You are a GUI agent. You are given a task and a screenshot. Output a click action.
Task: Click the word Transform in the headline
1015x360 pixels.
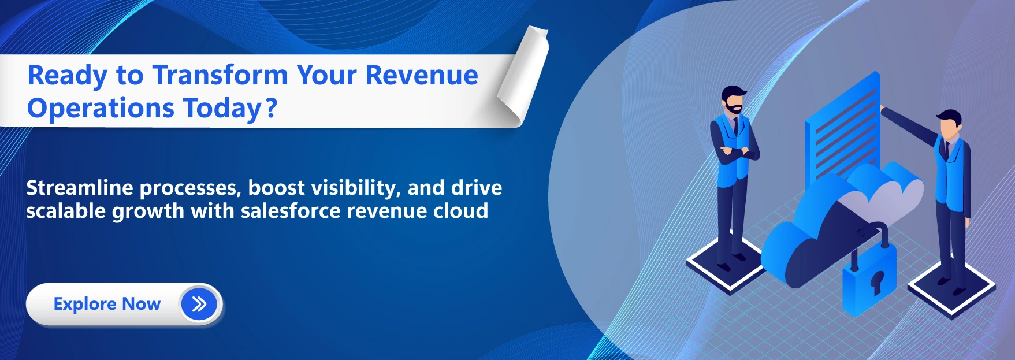point(220,76)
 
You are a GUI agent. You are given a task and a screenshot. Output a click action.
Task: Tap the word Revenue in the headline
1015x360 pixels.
point(422,76)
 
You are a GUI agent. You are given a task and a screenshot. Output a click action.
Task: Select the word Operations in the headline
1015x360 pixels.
point(101,109)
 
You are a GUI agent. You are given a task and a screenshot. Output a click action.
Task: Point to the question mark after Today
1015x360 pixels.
point(272,108)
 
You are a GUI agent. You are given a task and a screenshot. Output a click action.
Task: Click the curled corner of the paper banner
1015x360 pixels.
point(523,75)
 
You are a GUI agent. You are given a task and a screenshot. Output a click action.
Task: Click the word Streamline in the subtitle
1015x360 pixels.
point(80,188)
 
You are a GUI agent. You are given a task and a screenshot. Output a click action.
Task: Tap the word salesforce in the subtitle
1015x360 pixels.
point(290,211)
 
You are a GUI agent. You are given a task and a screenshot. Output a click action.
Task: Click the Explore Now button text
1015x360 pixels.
point(107,304)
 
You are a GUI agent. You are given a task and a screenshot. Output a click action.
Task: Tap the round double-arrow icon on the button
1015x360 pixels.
point(199,304)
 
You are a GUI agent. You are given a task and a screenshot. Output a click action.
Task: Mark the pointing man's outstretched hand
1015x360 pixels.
point(882,108)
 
